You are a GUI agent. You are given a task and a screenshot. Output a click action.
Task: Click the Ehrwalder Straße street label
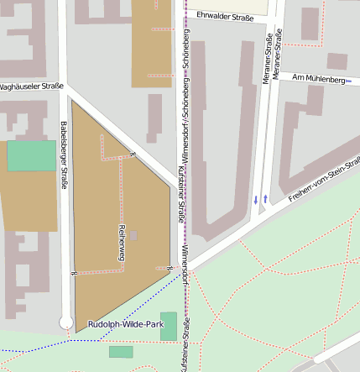224,15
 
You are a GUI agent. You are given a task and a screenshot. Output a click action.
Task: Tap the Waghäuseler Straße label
31,86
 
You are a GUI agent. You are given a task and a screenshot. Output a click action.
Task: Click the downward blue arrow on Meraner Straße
256,199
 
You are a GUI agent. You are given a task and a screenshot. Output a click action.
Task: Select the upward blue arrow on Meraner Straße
266,198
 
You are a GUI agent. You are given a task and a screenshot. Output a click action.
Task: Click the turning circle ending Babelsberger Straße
66,322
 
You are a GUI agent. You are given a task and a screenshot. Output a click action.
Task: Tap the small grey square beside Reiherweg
133,236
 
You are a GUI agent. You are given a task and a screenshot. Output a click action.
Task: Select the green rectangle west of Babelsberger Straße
31,156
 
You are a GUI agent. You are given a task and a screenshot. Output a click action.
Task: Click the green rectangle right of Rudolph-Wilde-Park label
169,326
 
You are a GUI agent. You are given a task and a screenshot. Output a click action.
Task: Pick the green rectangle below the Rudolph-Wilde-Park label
121,352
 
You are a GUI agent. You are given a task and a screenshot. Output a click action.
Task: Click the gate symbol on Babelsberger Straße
75,272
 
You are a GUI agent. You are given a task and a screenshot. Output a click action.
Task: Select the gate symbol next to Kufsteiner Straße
170,268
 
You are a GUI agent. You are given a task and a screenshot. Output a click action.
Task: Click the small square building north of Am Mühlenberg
337,61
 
